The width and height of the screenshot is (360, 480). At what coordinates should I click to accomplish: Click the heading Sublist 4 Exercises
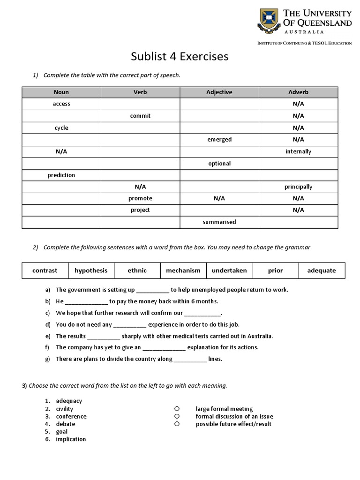[x=179, y=57]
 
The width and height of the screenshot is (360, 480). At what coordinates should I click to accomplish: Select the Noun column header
[x=61, y=92]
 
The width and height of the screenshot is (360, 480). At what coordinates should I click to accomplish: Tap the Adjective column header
[x=219, y=92]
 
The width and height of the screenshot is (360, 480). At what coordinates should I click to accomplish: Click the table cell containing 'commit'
[x=140, y=116]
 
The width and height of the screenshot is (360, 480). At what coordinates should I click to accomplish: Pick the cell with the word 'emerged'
[x=219, y=139]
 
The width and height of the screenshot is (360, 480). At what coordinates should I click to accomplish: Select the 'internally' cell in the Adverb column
[x=298, y=151]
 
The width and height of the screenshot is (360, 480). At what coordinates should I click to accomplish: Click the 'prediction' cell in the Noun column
[x=61, y=175]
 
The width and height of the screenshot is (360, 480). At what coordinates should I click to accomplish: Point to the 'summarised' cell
[x=219, y=222]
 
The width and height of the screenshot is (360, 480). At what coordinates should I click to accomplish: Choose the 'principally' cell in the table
[x=298, y=187]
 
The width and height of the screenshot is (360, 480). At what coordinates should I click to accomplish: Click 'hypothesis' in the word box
[x=91, y=270]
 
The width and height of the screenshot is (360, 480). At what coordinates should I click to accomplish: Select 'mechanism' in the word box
[x=183, y=270]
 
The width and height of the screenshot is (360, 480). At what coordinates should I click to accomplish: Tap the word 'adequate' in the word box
[x=322, y=270]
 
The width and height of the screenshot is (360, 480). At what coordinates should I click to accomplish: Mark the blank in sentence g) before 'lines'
[x=190, y=360]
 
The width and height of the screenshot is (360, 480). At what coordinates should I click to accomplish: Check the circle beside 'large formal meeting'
[x=177, y=409]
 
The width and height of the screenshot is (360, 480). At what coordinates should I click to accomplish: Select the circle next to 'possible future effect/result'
[x=177, y=424]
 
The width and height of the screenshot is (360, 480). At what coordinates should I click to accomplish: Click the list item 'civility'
[x=65, y=409]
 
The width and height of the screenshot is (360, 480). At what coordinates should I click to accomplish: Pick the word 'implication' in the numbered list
[x=71, y=439]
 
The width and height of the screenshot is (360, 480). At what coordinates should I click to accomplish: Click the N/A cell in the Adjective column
[x=219, y=198]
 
